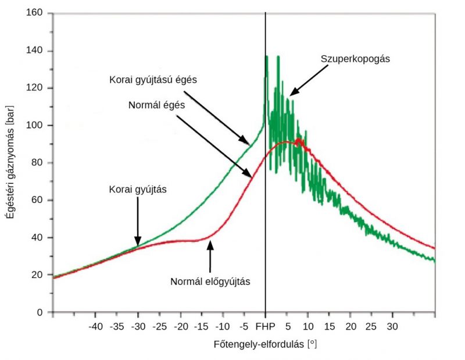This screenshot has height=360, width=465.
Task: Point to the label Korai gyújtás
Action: click(137, 189)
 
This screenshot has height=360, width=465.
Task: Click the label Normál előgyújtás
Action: click(210, 281)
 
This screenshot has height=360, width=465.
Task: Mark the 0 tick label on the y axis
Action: click(40, 312)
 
